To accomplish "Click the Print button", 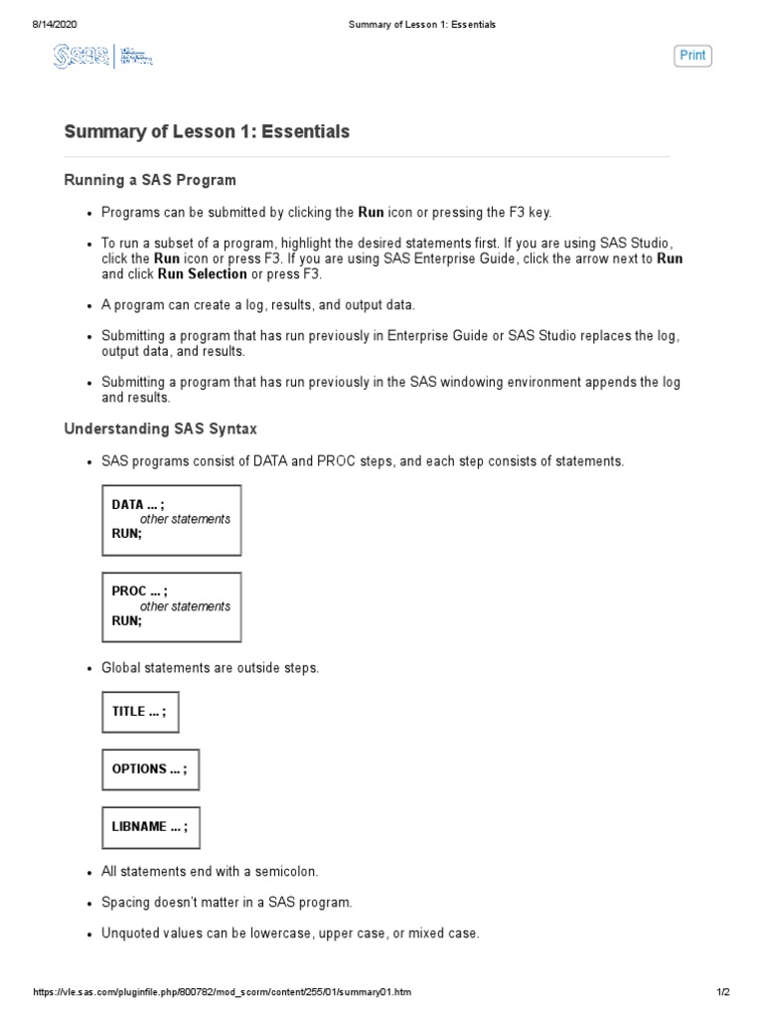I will tap(692, 56).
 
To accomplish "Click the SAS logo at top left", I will tap(102, 58).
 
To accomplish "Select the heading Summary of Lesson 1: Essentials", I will tap(207, 131).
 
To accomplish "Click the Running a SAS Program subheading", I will tap(150, 180).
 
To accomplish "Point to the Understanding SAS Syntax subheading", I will tap(160, 428).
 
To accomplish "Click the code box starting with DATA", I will tap(171, 519).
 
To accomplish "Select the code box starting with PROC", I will tap(171, 605).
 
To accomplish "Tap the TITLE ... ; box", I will tap(140, 712).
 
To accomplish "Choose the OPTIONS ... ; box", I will tap(150, 769).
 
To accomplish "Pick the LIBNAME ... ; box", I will tap(150, 826).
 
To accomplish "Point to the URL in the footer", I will tap(223, 993).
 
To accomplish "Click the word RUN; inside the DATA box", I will tap(127, 534).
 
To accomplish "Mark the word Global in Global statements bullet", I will tap(121, 668).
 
